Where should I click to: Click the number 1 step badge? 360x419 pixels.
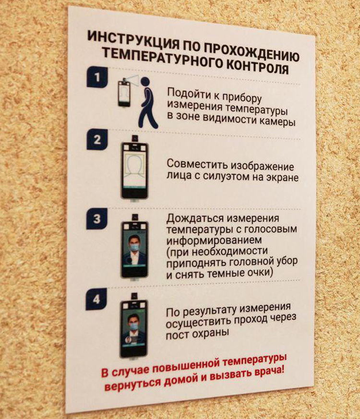coord(97,77)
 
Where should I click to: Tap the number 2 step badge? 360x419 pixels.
coord(97,139)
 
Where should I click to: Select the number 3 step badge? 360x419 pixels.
coord(97,218)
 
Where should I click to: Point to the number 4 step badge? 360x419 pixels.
coord(96,299)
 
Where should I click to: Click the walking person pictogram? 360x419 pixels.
coord(147,102)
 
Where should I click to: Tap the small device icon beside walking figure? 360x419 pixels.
coord(124,93)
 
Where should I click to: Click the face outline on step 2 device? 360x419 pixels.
coord(135,168)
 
